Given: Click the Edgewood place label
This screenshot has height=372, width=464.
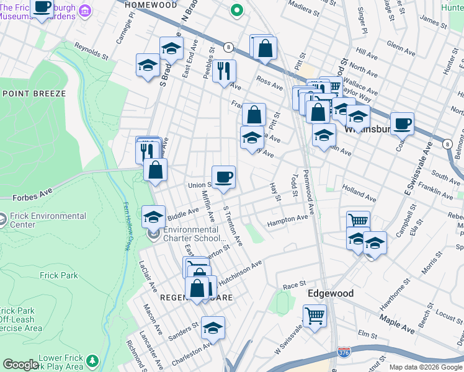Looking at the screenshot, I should (330, 293).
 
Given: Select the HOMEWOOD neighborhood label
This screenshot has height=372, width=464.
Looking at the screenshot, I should (146, 4).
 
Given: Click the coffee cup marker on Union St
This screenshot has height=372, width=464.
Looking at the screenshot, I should (223, 177).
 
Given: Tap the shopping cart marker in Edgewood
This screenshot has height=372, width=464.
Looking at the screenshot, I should (315, 316).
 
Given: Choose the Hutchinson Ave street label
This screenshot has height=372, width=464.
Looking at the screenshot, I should (240, 272).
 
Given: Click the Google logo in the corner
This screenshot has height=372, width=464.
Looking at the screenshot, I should (20, 365).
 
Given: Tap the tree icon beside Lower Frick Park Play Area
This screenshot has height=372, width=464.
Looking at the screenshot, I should (92, 360).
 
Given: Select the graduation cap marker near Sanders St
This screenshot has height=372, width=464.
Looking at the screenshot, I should (213, 328).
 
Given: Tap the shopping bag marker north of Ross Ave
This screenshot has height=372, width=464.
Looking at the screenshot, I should (264, 48).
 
